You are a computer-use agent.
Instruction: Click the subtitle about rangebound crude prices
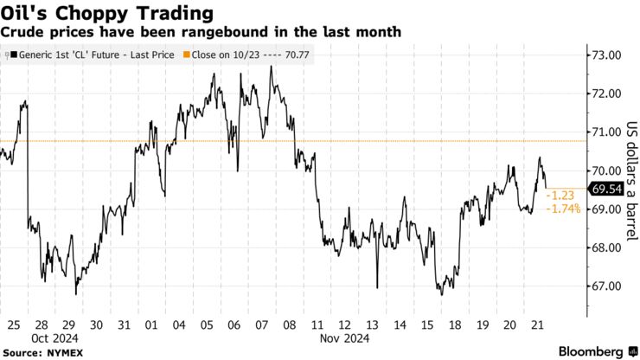200,32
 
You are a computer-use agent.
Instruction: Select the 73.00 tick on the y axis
606,55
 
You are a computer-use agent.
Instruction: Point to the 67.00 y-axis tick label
606,286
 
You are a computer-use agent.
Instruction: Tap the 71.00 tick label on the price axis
606,132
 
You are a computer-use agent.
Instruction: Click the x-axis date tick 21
538,325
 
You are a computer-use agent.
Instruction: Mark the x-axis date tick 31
124,325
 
